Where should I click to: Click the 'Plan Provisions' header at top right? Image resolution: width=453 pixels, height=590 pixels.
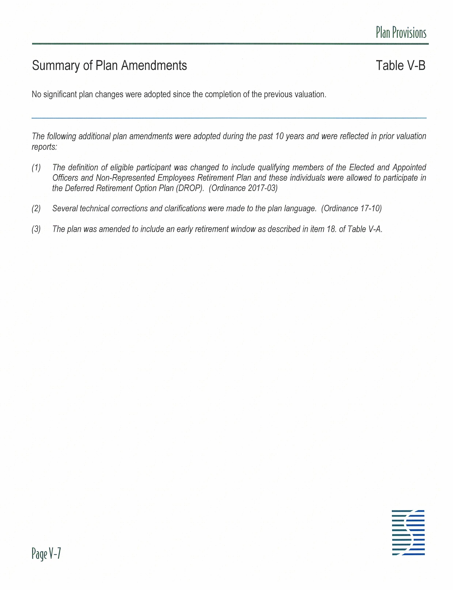pos(401,33)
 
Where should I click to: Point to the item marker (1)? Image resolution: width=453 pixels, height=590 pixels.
pos(36,168)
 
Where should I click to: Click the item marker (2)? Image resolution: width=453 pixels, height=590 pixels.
pos(36,208)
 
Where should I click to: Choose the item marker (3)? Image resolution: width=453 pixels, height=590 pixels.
pos(36,229)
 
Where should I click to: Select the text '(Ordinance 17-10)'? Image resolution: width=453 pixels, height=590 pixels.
pos(351,208)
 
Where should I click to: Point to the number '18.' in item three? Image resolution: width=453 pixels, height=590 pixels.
pos(331,229)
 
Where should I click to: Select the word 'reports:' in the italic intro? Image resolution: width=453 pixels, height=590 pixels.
pos(44,147)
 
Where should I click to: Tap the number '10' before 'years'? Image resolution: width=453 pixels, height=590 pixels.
pos(279,136)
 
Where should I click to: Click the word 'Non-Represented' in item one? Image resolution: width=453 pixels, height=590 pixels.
pos(125,178)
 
